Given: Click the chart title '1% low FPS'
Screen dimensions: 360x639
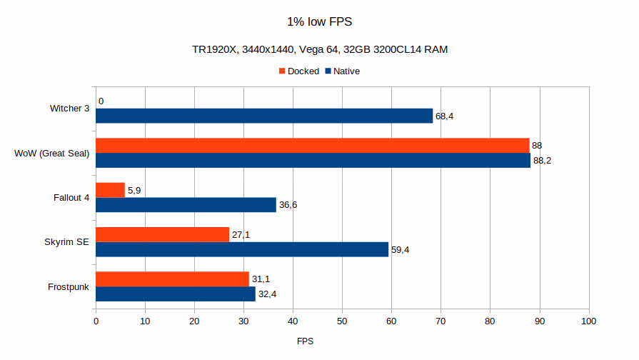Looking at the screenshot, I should click(x=318, y=22).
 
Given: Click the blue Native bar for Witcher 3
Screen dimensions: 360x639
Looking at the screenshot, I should click(x=264, y=116).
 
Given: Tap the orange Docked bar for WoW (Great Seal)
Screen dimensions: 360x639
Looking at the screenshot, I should click(x=312, y=146).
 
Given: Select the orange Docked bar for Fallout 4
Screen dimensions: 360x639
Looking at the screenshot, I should click(x=110, y=190).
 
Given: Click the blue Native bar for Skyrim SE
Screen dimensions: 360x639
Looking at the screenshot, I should click(x=242, y=249).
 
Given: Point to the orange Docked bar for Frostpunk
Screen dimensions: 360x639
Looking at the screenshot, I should click(x=172, y=279).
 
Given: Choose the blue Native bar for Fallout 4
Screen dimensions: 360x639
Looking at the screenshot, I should click(x=186, y=205).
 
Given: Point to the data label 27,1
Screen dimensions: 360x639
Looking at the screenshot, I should click(x=241, y=235).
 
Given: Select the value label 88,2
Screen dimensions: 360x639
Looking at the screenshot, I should click(x=542, y=161).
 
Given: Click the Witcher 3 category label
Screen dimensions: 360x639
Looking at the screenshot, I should click(x=69, y=109).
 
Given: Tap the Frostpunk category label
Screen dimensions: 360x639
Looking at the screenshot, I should click(x=69, y=286).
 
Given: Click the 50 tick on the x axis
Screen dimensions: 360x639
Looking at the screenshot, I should click(x=342, y=321).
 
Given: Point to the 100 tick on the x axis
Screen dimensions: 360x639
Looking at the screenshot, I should click(x=588, y=321).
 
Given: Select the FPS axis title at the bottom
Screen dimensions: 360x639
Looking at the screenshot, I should click(x=305, y=341).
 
